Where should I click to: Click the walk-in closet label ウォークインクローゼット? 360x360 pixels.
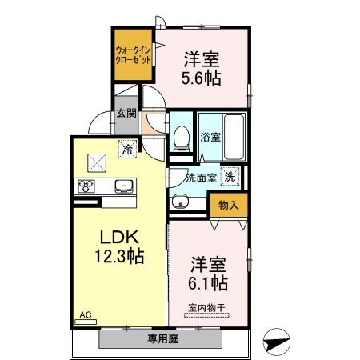134,54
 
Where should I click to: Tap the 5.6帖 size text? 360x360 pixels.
201,78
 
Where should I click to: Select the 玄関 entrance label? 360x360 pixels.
126,114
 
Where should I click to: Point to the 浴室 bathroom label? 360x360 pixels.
210,138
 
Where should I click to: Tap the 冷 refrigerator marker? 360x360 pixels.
126,147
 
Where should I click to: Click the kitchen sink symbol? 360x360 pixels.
125,187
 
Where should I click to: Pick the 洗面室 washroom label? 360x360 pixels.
201,178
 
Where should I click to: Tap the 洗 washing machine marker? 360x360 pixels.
230,177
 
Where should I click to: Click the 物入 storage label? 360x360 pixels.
228,205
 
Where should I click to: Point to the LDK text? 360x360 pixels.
120,238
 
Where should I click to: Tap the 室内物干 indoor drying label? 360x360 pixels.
208,306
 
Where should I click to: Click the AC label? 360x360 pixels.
85,316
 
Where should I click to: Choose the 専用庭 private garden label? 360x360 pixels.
162,339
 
